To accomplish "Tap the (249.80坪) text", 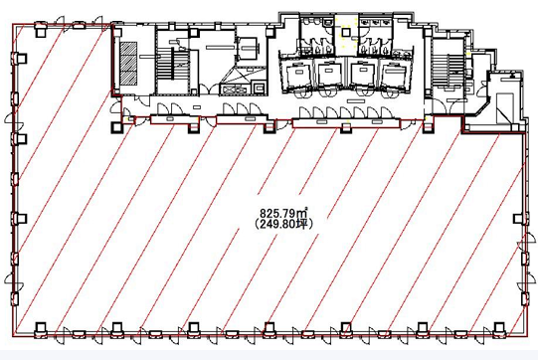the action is [x=283, y=225].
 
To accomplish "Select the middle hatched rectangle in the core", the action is [x=128, y=63].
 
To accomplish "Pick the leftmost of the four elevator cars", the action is [x=298, y=75].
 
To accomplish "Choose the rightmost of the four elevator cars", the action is [x=394, y=75].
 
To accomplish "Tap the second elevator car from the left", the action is [x=329, y=74].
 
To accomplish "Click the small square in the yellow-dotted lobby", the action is [x=346, y=32].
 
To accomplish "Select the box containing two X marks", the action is [x=235, y=90].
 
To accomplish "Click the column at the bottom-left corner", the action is [x=41, y=327].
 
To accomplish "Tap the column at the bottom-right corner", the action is [x=499, y=327].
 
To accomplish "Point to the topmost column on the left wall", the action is [x=22, y=58].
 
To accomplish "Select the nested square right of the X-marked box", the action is [x=259, y=89].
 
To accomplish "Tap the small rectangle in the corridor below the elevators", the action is [x=355, y=100].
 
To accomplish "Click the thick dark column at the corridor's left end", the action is [x=116, y=127].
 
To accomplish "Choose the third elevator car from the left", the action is [x=362, y=74].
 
